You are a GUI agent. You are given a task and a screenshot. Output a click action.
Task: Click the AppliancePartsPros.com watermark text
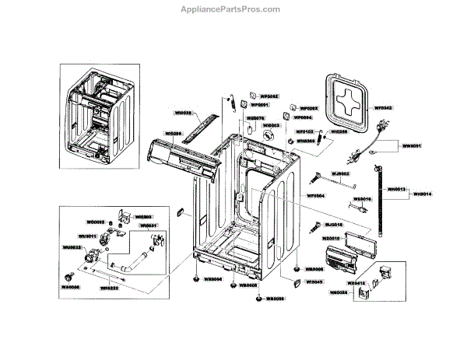[x=233, y=9]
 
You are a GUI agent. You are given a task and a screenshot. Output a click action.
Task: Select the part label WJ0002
[x=340, y=174]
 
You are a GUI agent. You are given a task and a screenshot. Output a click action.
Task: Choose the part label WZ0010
[x=332, y=231]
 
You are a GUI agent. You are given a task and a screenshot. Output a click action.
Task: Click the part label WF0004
[x=314, y=196]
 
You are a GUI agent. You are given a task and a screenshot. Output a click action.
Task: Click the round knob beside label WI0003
[x=269, y=136]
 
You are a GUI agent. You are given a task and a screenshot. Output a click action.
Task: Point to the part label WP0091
[x=259, y=104]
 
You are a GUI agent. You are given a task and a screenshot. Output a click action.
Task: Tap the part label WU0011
[x=86, y=236]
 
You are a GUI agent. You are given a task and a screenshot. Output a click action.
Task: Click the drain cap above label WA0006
[x=70, y=275]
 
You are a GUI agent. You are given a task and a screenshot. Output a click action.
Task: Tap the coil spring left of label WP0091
[x=231, y=103]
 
